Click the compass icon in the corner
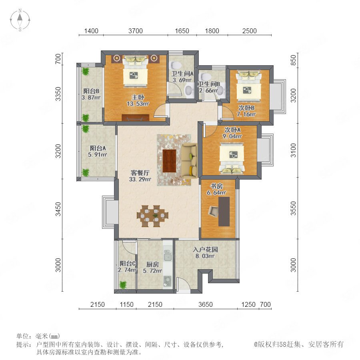pyautogui.click(x=20, y=20)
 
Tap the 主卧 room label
pyautogui.click(x=138, y=97)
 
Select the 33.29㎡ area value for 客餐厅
pyautogui.click(x=140, y=179)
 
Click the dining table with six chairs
pyautogui.click(x=153, y=216)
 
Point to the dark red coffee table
pyautogui.click(x=169, y=161)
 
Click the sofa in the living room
pyautogui.click(x=189, y=160)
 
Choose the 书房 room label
pyautogui.click(x=216, y=186)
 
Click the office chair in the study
pyautogui.click(x=214, y=211)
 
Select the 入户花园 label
pyautogui.click(x=205, y=249)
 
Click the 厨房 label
pyautogui.click(x=152, y=264)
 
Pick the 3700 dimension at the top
pyautogui.click(x=136, y=31)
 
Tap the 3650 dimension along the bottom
pyautogui.click(x=206, y=304)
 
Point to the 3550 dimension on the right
pyautogui.click(x=294, y=208)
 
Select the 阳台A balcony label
pyautogui.click(x=98, y=148)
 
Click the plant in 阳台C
pyautogui.click(x=123, y=285)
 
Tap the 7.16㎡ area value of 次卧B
pyautogui.click(x=246, y=114)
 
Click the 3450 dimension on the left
pyautogui.click(x=58, y=209)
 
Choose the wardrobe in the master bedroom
pyautogui.click(x=136, y=117)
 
